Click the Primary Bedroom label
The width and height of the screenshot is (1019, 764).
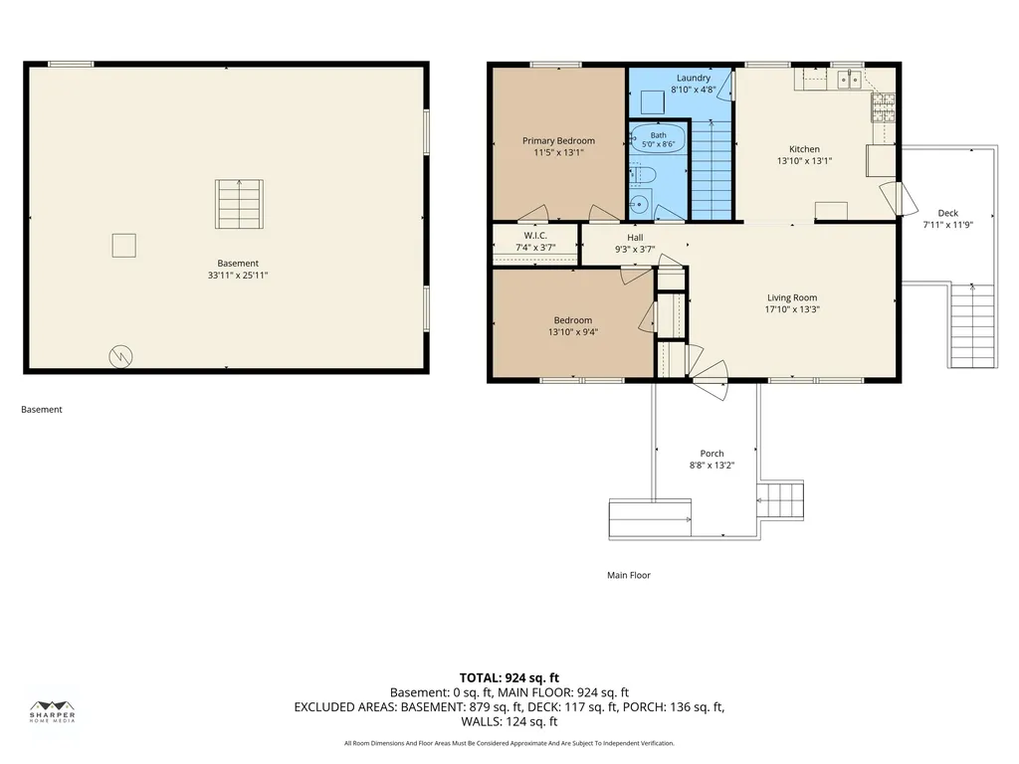[558, 140]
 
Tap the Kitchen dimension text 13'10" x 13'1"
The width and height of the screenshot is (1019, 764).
[804, 160]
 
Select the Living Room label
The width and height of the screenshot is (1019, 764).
[792, 297]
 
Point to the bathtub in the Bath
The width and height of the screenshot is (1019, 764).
[658, 137]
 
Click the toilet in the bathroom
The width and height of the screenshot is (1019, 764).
[641, 175]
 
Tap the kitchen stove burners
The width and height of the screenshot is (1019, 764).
[883, 107]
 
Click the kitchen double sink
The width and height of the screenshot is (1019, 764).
[849, 80]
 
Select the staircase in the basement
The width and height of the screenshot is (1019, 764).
[239, 205]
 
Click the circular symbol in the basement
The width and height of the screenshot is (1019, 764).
[120, 356]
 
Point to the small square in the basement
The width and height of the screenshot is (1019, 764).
[124, 246]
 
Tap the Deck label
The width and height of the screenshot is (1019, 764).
[948, 213]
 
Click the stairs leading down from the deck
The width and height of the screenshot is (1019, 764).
[972, 325]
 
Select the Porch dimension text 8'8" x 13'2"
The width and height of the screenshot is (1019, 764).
[712, 466]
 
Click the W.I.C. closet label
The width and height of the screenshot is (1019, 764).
[535, 235]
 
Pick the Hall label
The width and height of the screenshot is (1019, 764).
[635, 237]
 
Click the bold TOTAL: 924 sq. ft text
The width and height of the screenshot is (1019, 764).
[509, 678]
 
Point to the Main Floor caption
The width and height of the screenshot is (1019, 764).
[629, 575]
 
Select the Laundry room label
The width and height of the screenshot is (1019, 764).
[694, 78]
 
